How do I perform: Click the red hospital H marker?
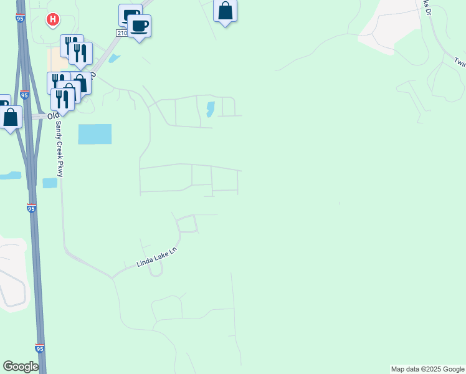pos(53,19)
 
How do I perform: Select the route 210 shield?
pos(121,32)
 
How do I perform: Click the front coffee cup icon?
pos(140,26)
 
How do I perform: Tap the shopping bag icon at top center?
pos(225,11)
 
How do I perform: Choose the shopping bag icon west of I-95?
pos(11,117)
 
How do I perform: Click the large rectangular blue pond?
pos(95,134)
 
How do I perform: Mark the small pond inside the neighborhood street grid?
pos(210,109)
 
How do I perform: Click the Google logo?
pos(21,367)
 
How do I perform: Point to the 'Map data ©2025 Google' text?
pos(427,369)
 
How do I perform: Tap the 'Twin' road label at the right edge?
pos(460,62)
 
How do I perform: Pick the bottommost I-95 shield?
pos(40,348)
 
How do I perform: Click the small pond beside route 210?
pos(113,59)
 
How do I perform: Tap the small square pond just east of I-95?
pos(50,183)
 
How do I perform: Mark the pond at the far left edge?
pos(10,176)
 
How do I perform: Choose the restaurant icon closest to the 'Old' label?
pos(62,98)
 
